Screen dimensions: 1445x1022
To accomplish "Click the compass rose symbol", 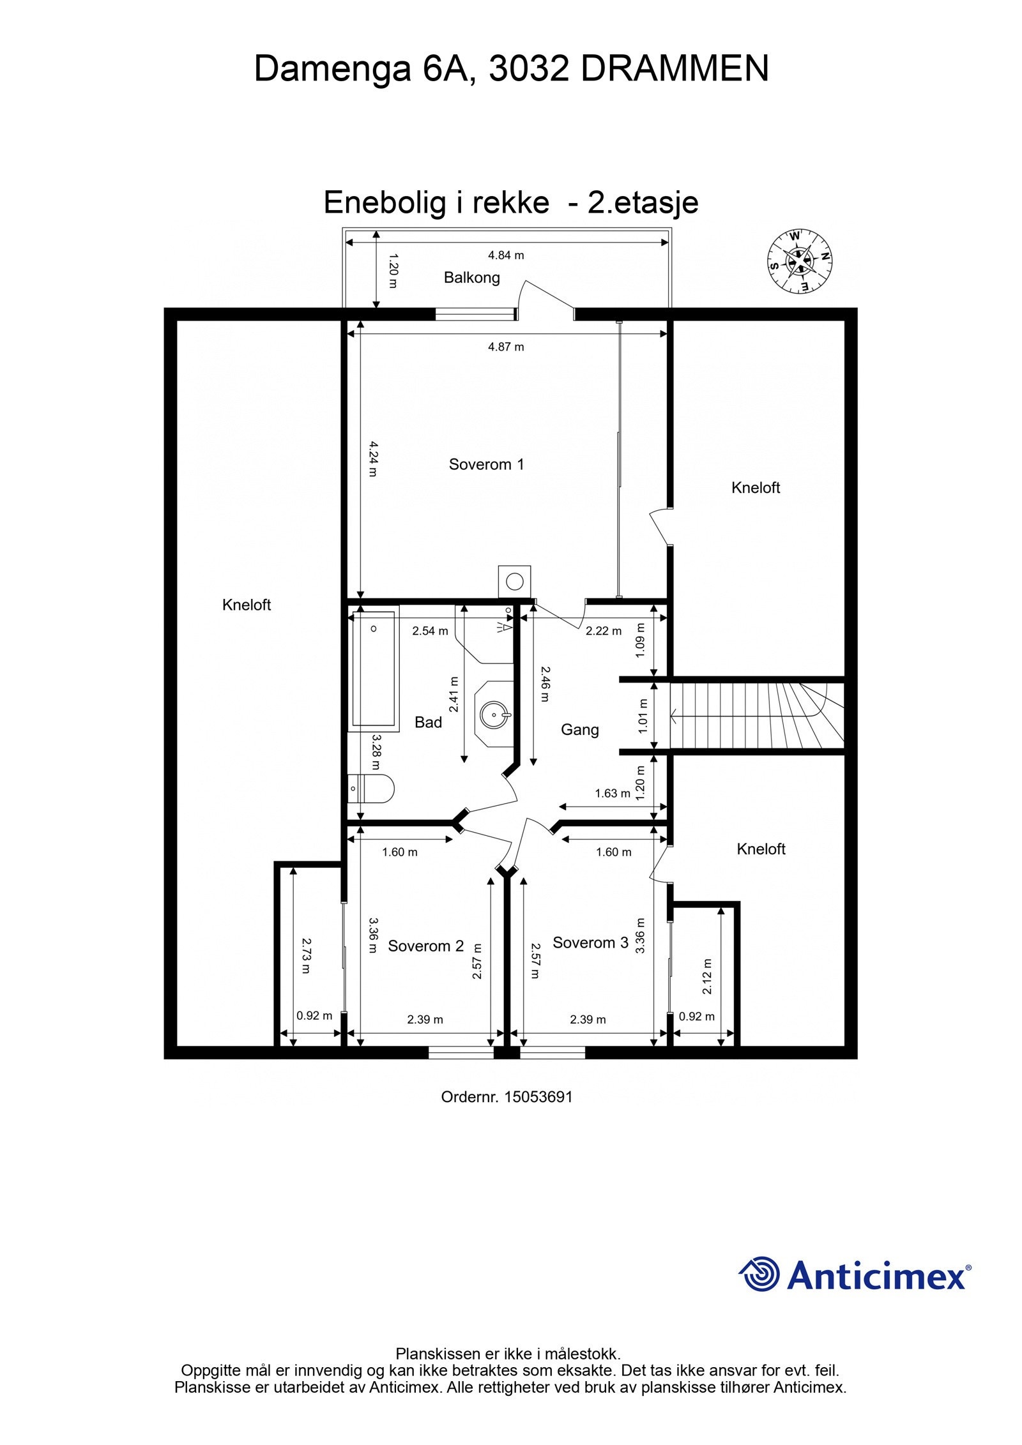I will (x=799, y=261).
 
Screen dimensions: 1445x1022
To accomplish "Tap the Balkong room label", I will (x=471, y=278).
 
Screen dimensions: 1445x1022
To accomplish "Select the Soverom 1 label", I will (x=486, y=464).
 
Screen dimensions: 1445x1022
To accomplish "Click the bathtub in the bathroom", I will (x=374, y=669).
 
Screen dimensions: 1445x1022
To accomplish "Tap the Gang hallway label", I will (x=579, y=729).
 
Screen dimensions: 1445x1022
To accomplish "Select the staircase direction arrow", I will (x=675, y=717).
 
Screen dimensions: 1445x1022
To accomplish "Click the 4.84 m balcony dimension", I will (x=506, y=255).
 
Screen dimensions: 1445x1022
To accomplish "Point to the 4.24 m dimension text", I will (x=373, y=458).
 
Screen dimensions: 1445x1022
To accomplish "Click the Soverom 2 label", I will (x=425, y=946).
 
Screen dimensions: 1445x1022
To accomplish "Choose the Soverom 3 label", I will (x=590, y=942).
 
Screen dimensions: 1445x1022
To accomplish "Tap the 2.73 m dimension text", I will (x=305, y=955).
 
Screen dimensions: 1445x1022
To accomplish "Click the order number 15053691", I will (x=538, y=1097).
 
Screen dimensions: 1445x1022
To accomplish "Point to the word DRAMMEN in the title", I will (x=675, y=68).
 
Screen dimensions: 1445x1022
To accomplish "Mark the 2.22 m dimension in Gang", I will (x=604, y=631).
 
